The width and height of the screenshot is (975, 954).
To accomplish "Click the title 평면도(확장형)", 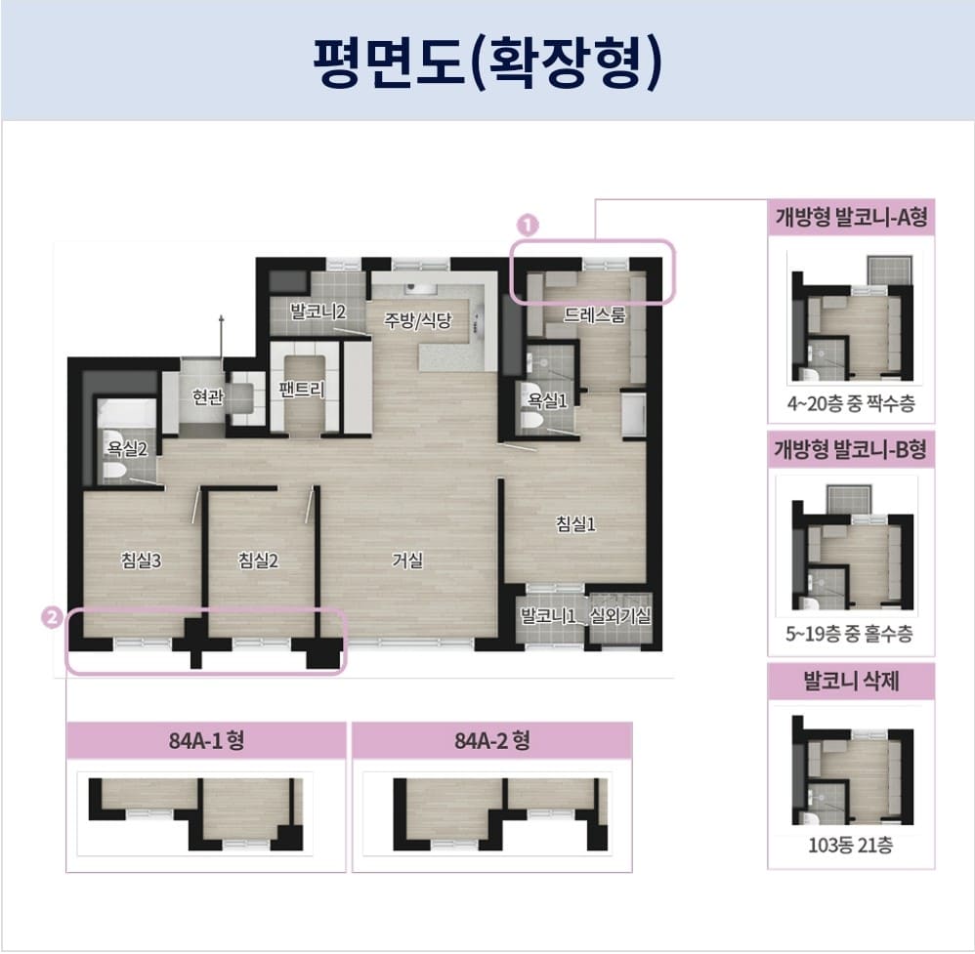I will (487, 61).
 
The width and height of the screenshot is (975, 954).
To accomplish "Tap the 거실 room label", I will (407, 560).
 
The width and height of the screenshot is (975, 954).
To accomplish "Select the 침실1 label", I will (575, 524).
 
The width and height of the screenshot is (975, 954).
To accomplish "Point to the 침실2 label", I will (259, 560).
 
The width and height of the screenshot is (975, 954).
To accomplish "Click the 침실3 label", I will (141, 560).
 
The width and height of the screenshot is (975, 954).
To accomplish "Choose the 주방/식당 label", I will (418, 319).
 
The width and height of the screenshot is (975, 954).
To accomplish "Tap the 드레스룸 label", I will (594, 314).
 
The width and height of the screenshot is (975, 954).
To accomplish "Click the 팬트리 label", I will (302, 389).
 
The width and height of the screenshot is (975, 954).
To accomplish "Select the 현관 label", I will (208, 396).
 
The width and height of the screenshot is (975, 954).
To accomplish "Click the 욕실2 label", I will (127, 449).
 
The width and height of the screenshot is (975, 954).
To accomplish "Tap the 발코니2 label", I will (318, 311).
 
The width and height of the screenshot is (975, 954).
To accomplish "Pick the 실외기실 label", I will (619, 617).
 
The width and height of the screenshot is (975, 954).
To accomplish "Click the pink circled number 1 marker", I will (527, 225).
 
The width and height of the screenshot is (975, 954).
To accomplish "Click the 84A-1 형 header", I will (206, 740).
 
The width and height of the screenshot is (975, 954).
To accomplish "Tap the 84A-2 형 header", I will (491, 740).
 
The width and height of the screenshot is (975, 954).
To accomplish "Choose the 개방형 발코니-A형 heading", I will (850, 218).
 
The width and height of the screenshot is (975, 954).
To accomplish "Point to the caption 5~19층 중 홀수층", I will (849, 634).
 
